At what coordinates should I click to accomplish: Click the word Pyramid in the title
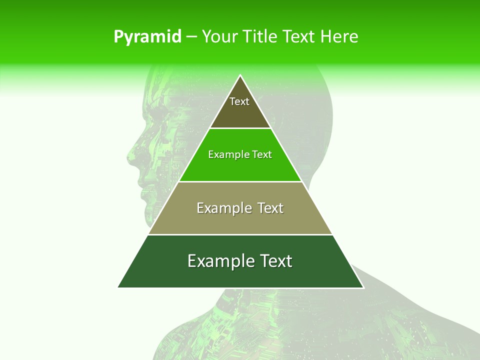(147, 36)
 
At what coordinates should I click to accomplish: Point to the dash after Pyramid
(191, 37)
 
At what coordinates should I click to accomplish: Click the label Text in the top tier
(239, 101)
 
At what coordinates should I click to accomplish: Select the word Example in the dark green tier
(217, 261)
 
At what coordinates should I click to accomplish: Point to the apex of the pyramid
(240, 76)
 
